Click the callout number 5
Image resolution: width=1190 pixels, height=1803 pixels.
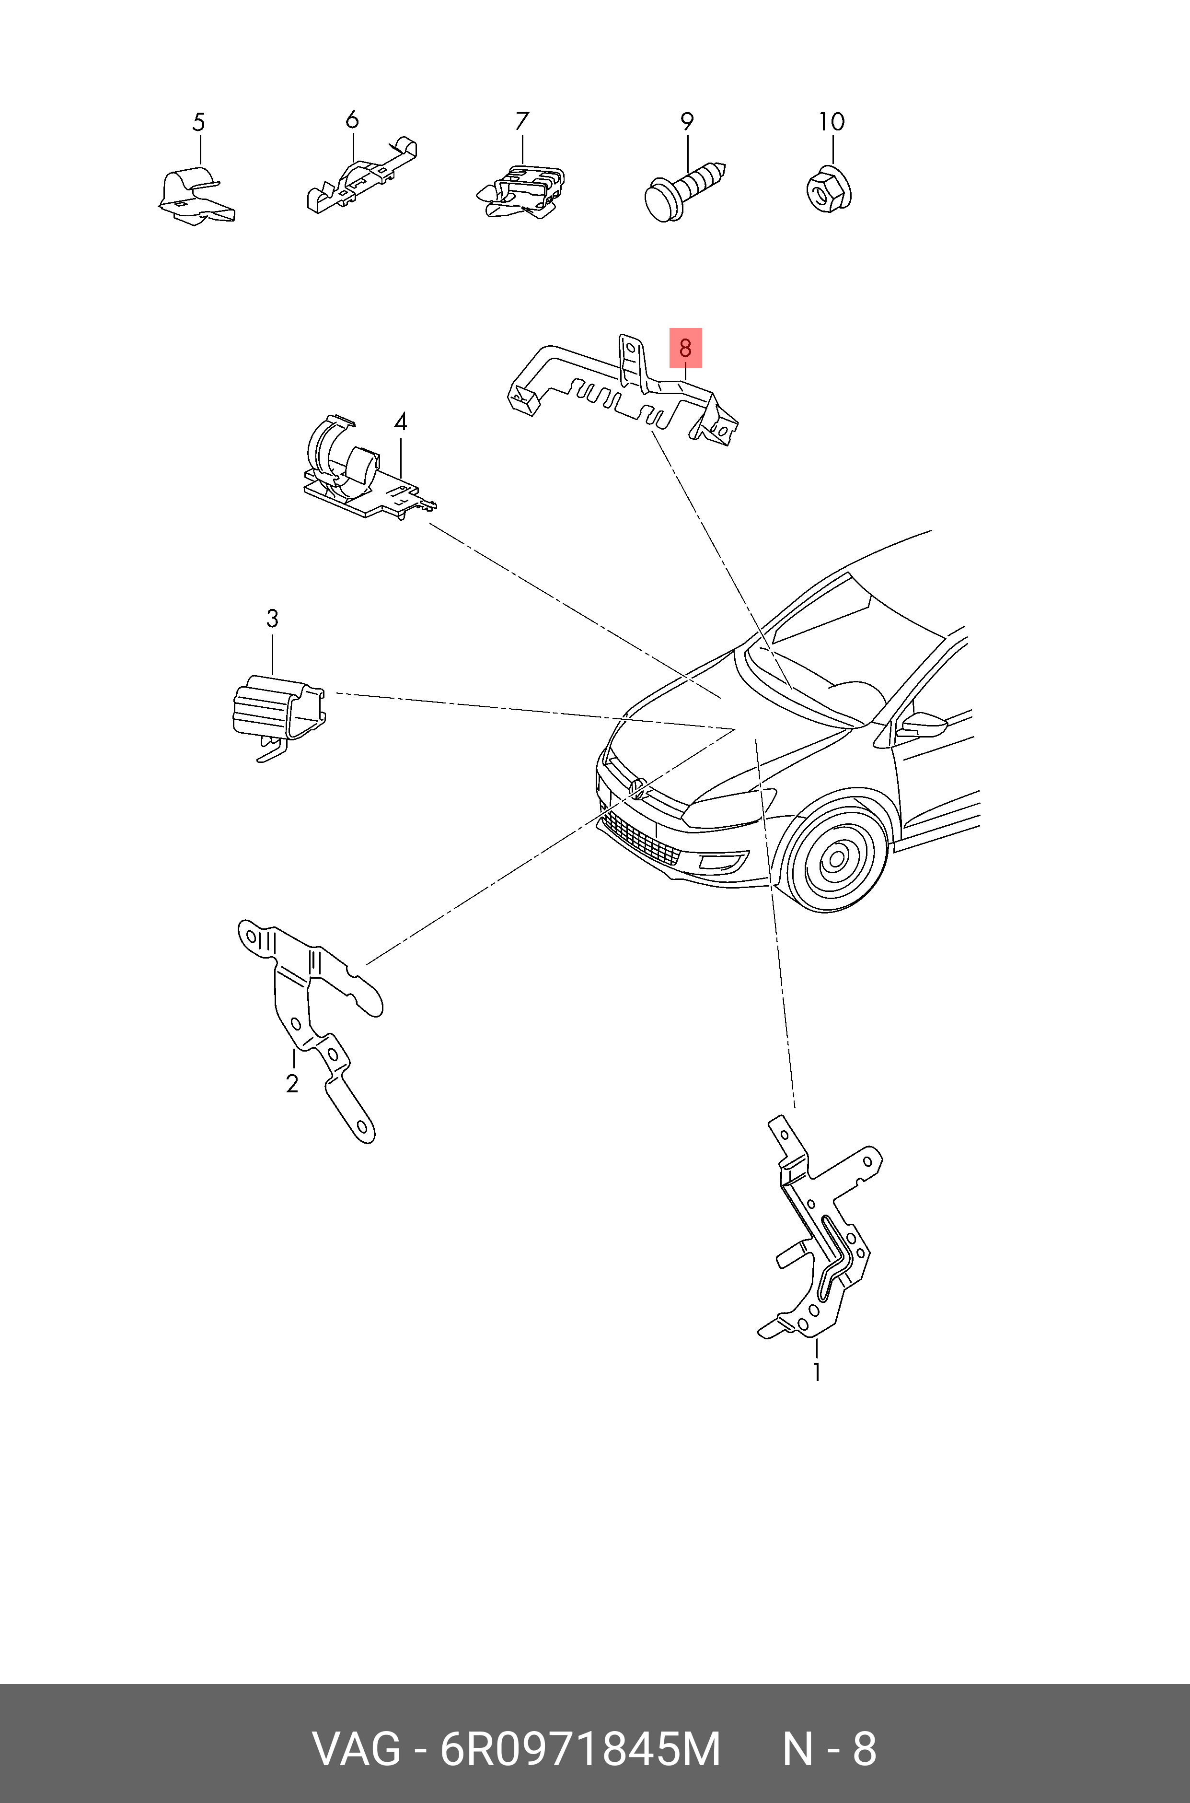pos(199,122)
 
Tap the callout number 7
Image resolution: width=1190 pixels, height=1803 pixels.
pos(522,121)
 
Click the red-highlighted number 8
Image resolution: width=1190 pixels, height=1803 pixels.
pos(685,348)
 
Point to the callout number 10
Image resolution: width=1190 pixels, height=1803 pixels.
pos(832,121)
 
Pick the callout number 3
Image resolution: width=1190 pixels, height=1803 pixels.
pos(272,618)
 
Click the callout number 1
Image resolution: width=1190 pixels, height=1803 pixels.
pos(817,1372)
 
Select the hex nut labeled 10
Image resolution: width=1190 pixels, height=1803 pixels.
pos(829,190)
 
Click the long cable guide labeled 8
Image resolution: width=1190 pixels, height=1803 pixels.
pos(623,387)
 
